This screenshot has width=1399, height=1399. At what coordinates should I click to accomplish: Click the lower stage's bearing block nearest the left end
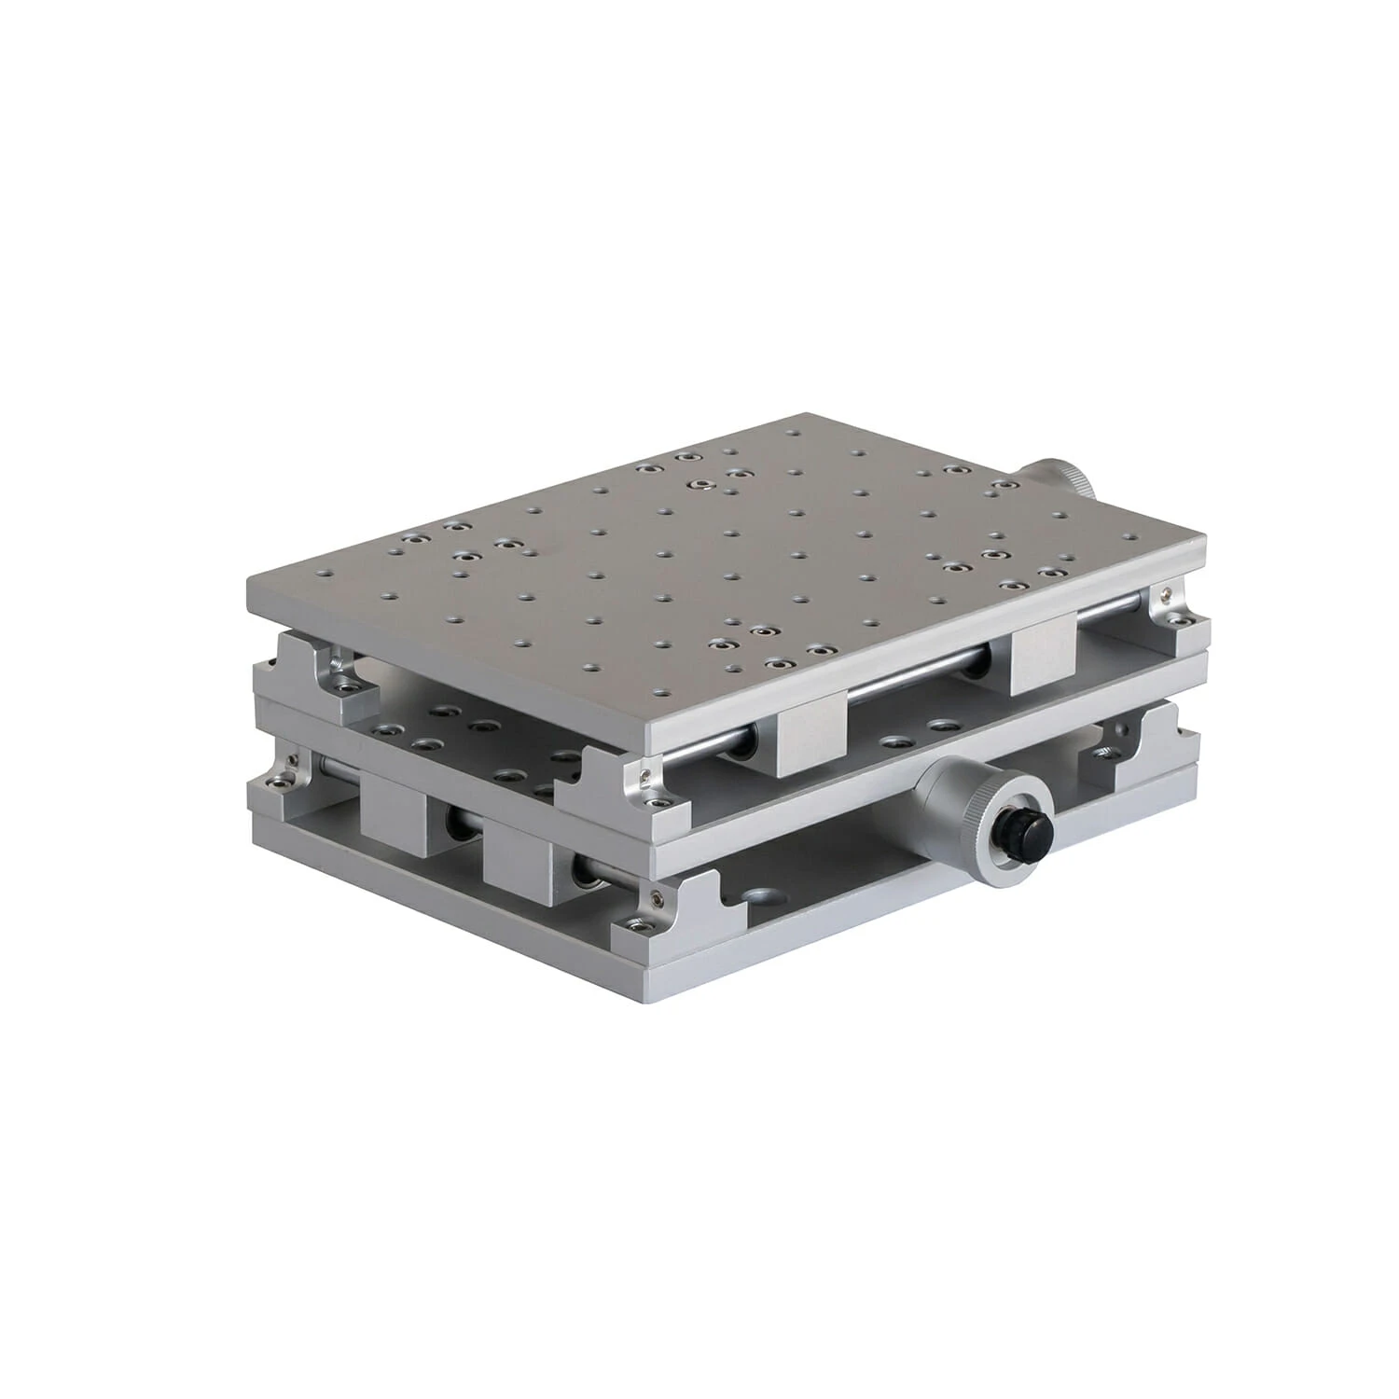(x=392, y=816)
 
